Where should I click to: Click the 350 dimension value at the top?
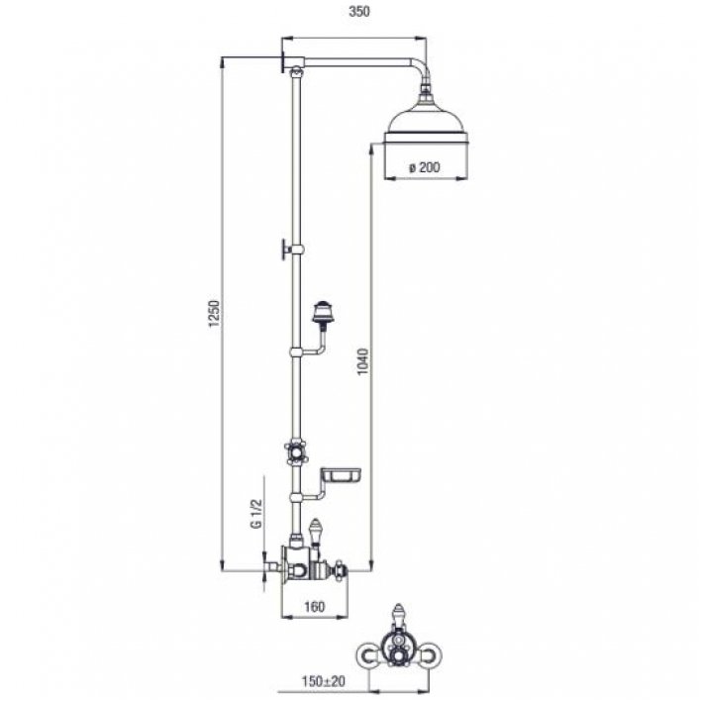359,12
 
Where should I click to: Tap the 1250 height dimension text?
215,314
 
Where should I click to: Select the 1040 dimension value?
364,361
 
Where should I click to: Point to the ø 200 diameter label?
425,167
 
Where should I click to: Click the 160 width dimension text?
314,607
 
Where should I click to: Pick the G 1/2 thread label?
256,514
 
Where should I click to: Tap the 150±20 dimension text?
323,681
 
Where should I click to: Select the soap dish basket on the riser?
342,475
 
